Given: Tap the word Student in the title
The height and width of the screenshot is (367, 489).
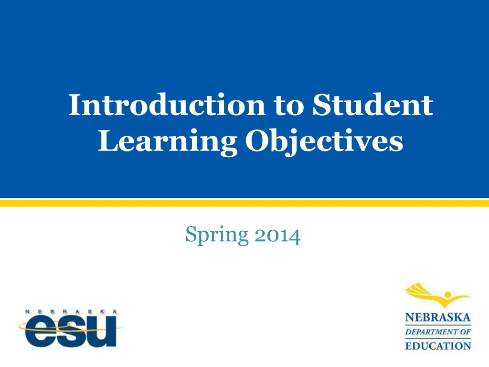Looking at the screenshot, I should [373, 105].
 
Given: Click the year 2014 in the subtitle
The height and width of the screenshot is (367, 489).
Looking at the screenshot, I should [278, 235].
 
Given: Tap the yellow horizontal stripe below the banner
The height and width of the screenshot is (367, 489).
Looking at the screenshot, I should [244, 203].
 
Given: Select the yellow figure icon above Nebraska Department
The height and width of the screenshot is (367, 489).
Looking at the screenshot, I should [437, 296].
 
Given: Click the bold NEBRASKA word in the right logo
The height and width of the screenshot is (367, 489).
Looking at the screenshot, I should [438, 318].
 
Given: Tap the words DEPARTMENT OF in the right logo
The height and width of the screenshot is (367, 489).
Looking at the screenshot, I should [438, 332].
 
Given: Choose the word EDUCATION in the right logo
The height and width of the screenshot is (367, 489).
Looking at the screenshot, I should [438, 345].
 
